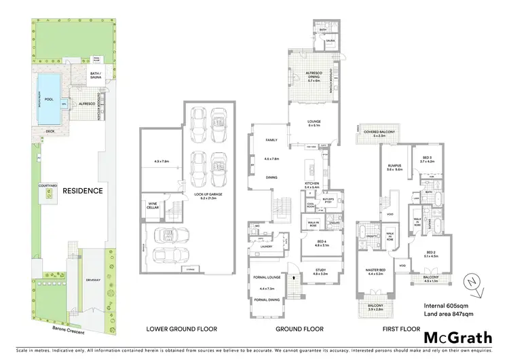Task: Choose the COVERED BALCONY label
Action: [379, 132]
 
